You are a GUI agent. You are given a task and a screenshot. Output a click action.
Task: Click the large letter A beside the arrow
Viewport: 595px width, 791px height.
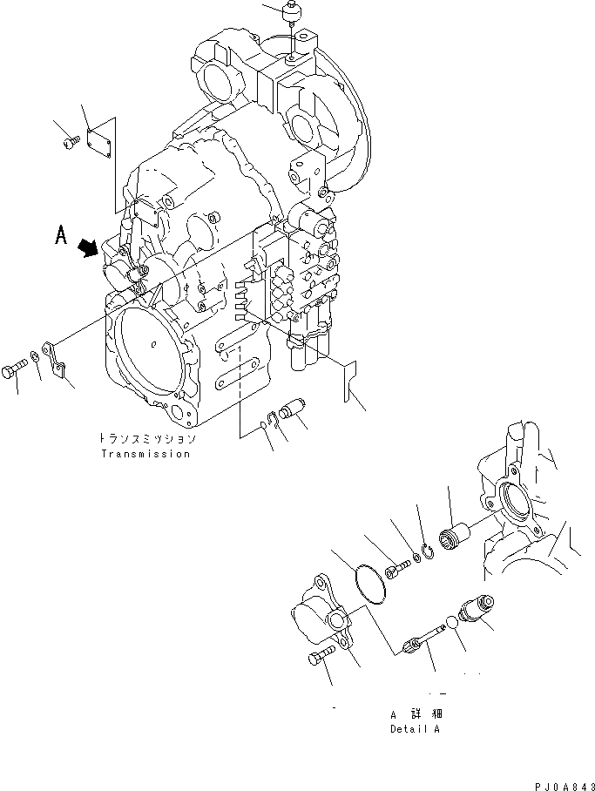pos(62,235)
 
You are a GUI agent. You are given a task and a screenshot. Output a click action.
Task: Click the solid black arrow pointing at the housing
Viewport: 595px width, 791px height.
pos(88,249)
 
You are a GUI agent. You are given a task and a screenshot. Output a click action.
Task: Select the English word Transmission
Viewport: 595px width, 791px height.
pos(145,454)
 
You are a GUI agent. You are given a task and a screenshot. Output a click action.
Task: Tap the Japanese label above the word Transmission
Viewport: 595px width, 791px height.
pos(145,440)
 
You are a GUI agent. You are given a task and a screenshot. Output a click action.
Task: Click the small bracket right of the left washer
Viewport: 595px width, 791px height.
pos(55,357)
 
